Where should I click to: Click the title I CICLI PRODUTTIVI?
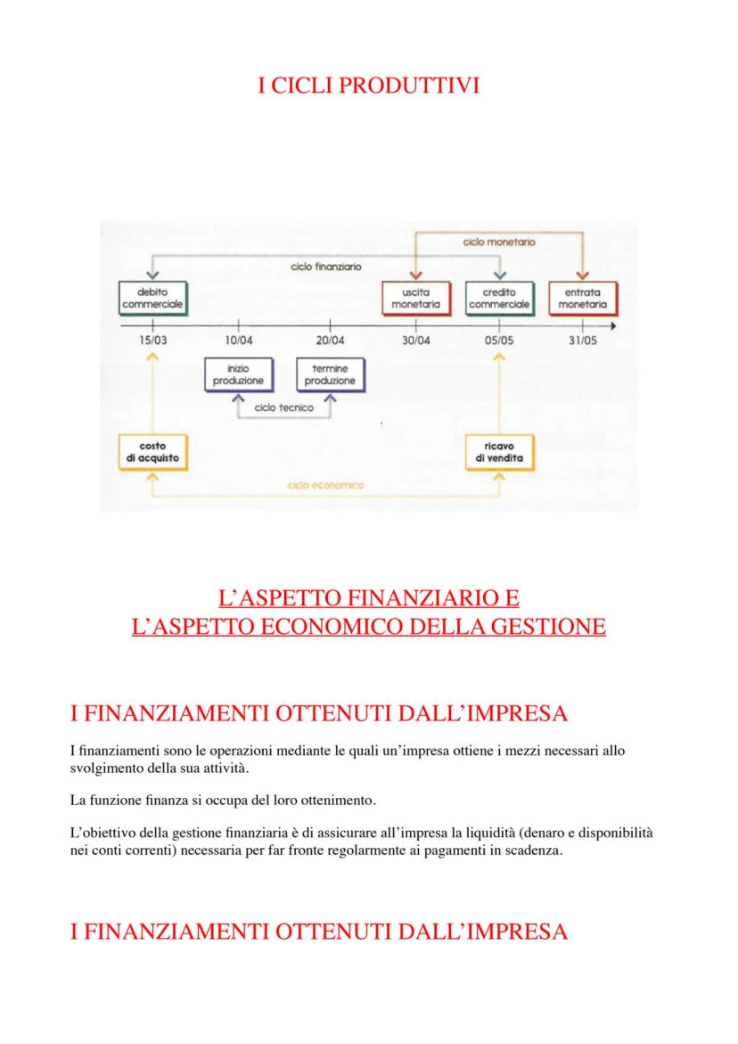(x=368, y=86)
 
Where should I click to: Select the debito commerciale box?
(x=152, y=298)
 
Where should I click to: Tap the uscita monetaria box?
(x=415, y=298)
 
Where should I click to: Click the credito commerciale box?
(x=499, y=298)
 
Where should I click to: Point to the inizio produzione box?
(x=238, y=374)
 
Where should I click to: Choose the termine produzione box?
(x=330, y=374)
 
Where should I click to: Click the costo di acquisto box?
(x=152, y=452)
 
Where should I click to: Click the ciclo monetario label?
(x=499, y=242)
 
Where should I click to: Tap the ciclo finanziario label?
(x=326, y=267)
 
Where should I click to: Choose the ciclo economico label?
(x=326, y=485)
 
